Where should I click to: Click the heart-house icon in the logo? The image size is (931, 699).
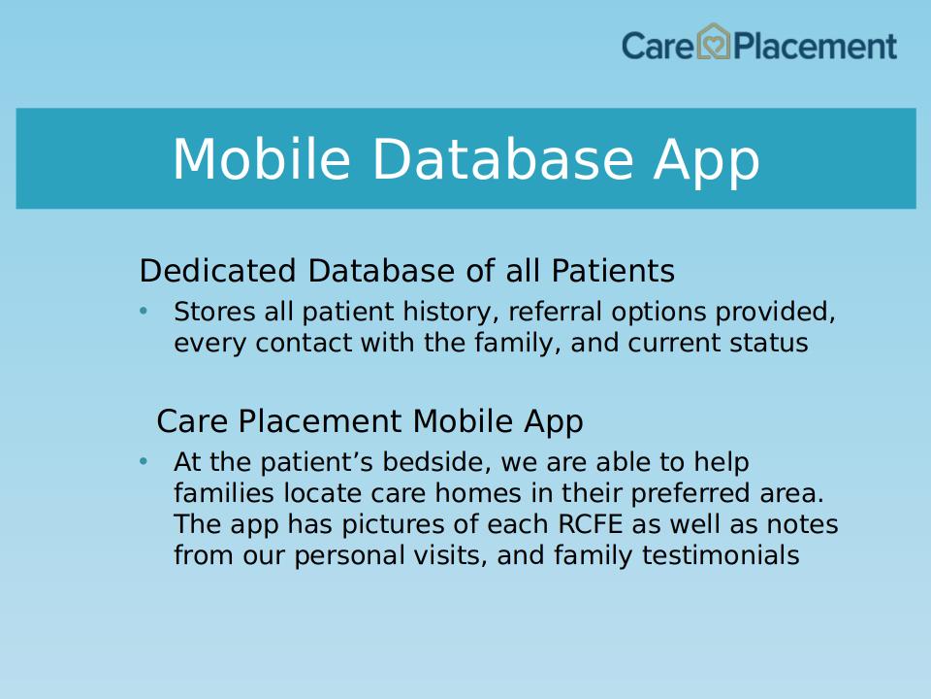(x=713, y=42)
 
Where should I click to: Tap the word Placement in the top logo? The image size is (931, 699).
(x=815, y=47)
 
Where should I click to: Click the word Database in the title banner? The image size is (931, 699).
(x=502, y=158)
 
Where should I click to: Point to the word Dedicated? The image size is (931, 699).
(x=217, y=271)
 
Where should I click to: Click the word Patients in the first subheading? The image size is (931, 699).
(x=613, y=271)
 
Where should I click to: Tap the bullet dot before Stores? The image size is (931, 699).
(x=144, y=311)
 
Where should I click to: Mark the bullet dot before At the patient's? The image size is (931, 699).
(x=144, y=461)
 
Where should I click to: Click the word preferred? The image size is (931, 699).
(x=690, y=494)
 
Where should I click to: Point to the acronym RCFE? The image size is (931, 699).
(x=591, y=524)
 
